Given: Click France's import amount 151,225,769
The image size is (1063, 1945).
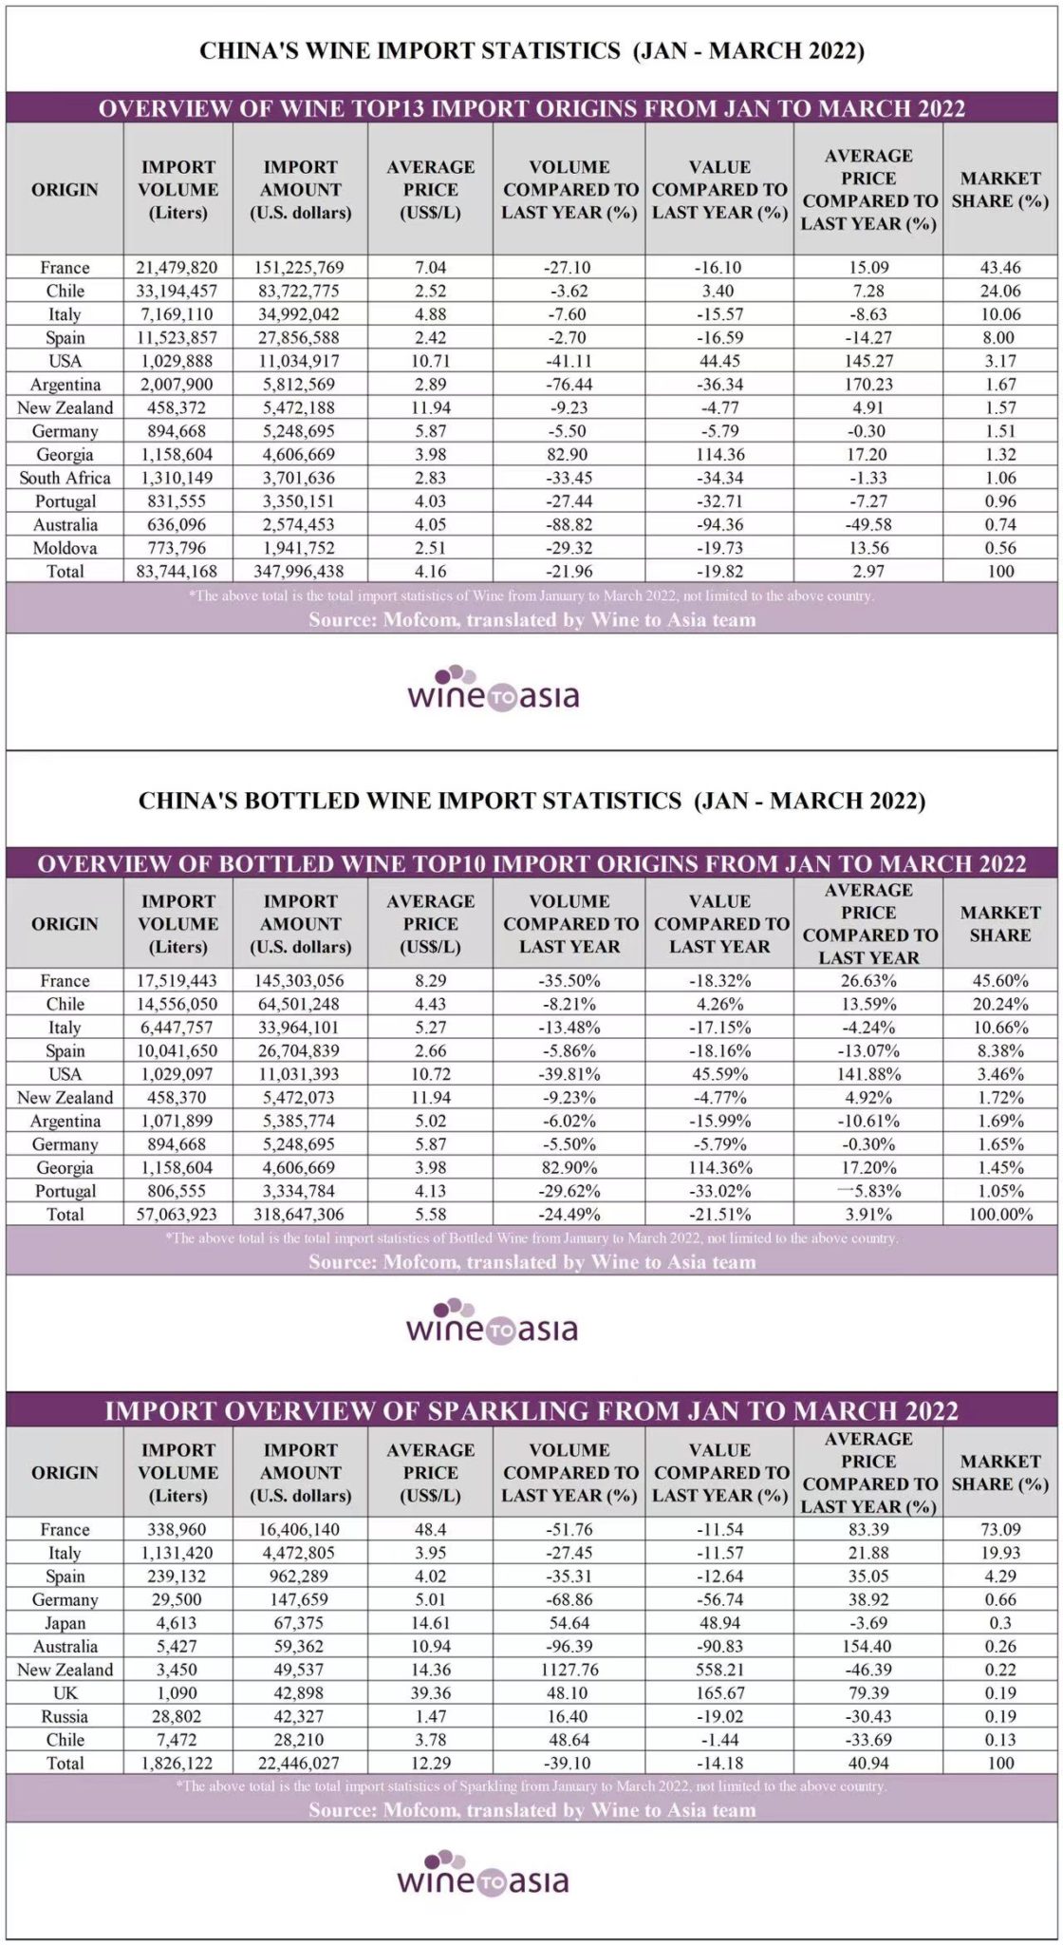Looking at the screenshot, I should (x=300, y=268).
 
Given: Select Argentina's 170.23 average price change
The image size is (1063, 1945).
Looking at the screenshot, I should (x=867, y=385).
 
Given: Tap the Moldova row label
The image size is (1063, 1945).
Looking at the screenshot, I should (x=65, y=548).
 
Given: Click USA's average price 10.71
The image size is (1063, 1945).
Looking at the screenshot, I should (x=429, y=361).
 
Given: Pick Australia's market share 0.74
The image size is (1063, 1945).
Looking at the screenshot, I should (x=999, y=524).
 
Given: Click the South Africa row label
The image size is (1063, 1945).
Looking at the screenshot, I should (x=65, y=478).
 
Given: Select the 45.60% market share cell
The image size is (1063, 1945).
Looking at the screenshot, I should (x=999, y=981).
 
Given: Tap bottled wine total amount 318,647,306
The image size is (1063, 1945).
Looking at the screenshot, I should (x=300, y=1214).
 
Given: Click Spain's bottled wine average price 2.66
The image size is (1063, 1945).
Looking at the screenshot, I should (x=429, y=1050).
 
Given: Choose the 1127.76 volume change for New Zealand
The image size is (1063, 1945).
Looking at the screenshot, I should (x=569, y=1670).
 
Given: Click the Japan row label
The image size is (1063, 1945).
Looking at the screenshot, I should (x=65, y=1623).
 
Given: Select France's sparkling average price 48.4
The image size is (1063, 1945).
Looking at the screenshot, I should (x=429, y=1530).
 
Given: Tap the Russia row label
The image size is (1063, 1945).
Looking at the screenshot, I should (x=65, y=1716).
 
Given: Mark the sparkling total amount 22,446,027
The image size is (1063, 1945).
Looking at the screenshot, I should (x=300, y=1763).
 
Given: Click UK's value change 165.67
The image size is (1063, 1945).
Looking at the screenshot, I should (x=718, y=1692).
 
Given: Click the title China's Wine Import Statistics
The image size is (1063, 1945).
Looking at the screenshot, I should (x=531, y=50).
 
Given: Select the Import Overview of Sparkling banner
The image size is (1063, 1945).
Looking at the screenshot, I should (x=531, y=1410).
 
